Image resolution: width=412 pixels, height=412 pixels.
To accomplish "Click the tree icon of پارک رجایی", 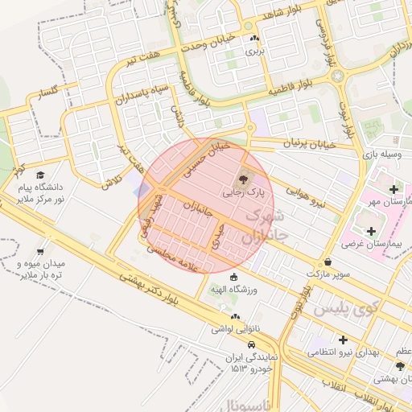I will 244,179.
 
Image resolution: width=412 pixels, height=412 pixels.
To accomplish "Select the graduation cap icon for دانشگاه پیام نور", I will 40,175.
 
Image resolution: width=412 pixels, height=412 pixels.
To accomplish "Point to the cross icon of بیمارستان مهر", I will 393,190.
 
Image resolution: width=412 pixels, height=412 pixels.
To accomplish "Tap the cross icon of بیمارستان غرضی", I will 371,230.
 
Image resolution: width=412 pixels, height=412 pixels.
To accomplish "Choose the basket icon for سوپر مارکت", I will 328,262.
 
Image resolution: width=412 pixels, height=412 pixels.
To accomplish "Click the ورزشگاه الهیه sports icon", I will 233,278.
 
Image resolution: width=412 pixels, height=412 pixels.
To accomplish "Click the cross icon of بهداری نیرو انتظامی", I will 343,340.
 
